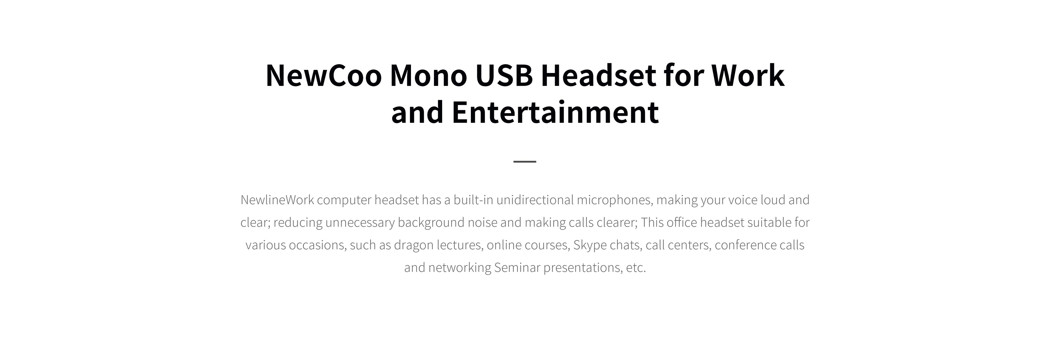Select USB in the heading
(x=504, y=75)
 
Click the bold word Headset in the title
(x=598, y=75)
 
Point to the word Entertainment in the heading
(x=555, y=112)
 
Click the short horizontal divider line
(x=525, y=162)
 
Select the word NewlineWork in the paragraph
(x=277, y=200)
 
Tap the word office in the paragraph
(x=683, y=222)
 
